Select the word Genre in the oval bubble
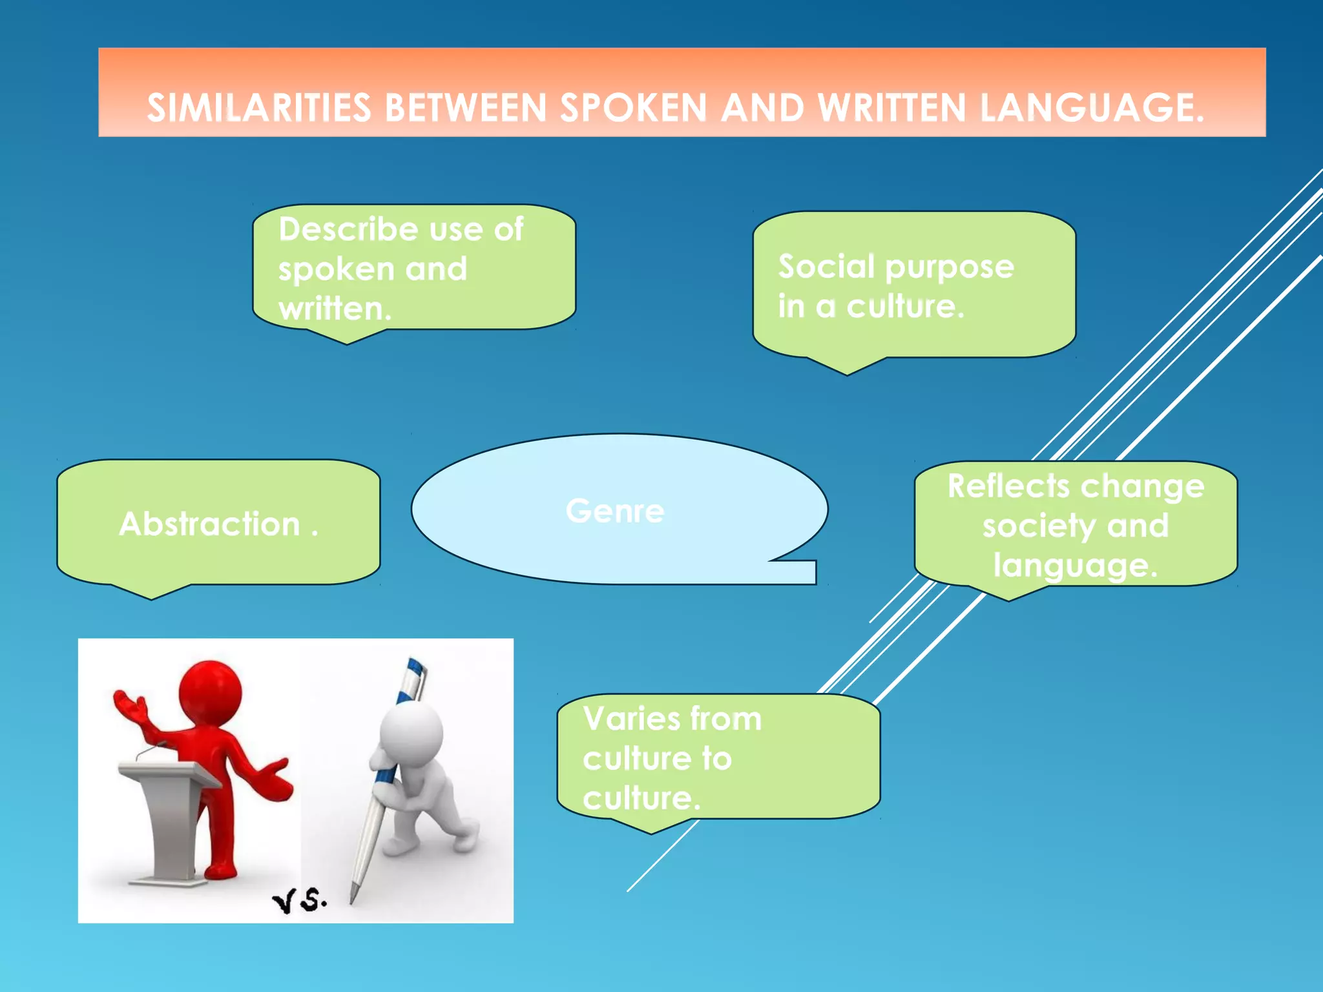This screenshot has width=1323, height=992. click(x=614, y=511)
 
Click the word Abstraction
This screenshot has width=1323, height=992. click(x=209, y=524)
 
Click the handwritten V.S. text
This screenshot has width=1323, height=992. click(x=299, y=900)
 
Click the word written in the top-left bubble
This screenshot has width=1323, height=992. click(x=334, y=309)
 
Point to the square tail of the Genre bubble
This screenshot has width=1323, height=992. click(x=801, y=572)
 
